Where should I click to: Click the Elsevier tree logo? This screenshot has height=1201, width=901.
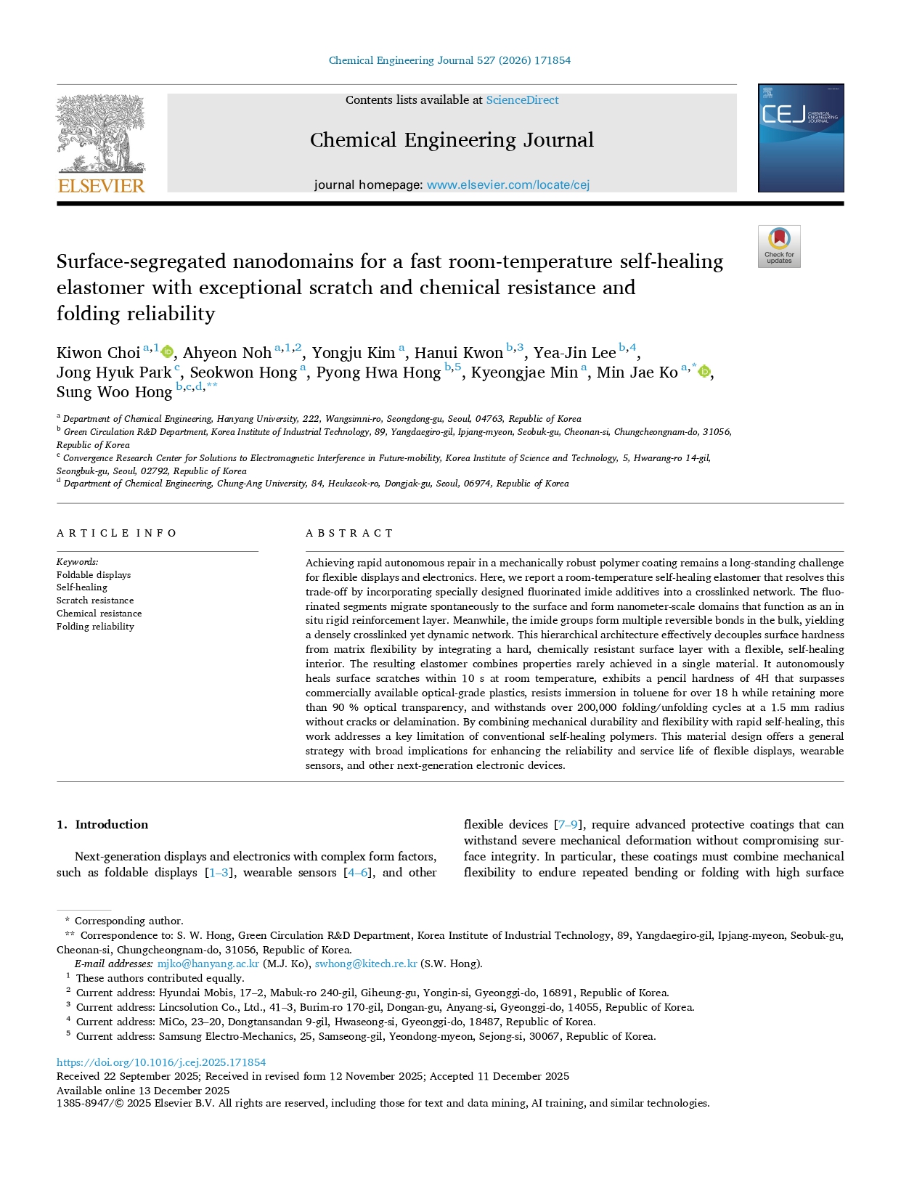[101, 134]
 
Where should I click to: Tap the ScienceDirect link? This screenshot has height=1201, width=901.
[522, 100]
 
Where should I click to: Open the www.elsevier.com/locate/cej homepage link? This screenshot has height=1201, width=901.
[507, 185]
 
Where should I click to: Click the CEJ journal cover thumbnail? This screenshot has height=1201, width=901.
[800, 138]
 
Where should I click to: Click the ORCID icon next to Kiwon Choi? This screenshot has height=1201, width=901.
[168, 352]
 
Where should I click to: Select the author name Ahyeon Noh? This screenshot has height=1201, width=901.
[227, 353]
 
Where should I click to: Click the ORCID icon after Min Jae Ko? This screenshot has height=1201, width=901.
[704, 372]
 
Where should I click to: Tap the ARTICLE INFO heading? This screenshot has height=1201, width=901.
[116, 533]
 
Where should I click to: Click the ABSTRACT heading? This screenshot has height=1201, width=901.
[349, 533]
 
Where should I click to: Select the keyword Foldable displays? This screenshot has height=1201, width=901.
[94, 575]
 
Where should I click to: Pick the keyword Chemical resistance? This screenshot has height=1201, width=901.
[99, 614]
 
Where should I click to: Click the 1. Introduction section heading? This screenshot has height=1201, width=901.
[102, 825]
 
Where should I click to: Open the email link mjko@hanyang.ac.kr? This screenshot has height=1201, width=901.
[208, 964]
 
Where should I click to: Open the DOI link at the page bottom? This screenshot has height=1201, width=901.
[161, 1062]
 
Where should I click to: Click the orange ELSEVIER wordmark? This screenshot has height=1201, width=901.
[101, 186]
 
